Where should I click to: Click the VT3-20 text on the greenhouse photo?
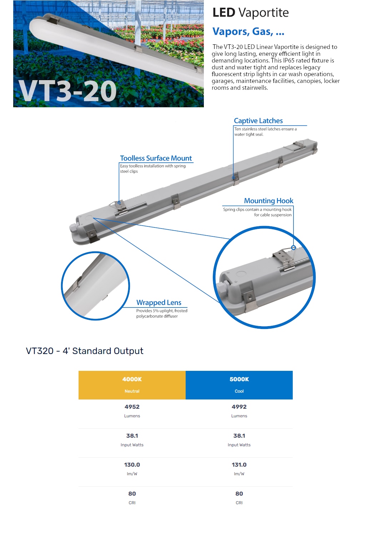coord(67,91)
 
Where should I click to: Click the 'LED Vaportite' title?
coord(250,13)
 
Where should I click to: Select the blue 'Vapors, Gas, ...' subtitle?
coord(248,32)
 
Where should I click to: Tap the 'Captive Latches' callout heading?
coord(258,121)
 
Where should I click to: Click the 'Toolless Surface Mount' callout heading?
coord(156,158)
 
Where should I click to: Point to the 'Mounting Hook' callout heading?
coord(268,201)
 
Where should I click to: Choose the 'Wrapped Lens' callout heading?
coord(159,303)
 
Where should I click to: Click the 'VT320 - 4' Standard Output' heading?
coord(85,351)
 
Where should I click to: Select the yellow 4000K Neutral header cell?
coord(132,385)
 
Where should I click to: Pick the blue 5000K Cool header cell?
coord(239,385)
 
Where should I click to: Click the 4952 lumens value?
coord(132,407)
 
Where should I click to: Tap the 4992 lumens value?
coord(239,407)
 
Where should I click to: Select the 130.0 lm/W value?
coord(132,465)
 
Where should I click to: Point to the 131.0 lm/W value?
coord(239,465)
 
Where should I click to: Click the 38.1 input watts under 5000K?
coord(239,436)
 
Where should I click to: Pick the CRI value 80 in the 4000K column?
coord(132,494)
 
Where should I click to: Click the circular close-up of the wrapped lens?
coord(95,286)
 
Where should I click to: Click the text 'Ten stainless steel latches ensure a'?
coord(265,129)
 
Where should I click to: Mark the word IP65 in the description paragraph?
coord(289,60)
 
